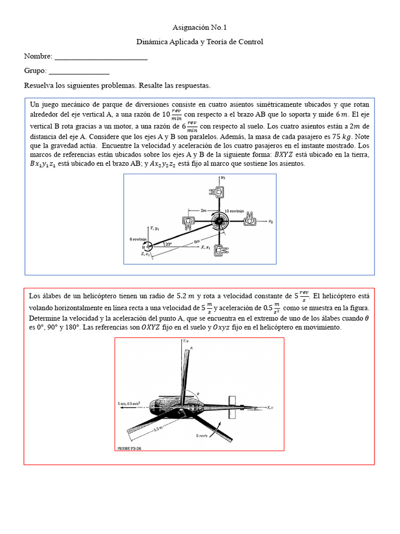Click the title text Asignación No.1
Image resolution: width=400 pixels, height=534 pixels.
(200, 28)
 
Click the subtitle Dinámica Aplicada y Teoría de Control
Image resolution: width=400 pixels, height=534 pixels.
(200, 42)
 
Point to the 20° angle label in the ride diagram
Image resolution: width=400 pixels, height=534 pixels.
(168, 244)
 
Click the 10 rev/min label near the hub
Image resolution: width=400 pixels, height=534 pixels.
(234, 211)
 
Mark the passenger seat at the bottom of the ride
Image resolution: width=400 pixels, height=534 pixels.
(220, 250)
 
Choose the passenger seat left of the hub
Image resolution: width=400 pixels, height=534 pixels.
(189, 222)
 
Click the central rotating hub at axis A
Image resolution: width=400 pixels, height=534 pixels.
(220, 222)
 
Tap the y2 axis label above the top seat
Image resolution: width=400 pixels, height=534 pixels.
(223, 178)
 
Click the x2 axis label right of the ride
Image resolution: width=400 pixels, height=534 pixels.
(271, 222)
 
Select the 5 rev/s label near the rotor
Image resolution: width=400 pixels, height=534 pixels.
(203, 435)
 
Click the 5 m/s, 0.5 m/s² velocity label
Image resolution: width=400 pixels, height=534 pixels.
(131, 403)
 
